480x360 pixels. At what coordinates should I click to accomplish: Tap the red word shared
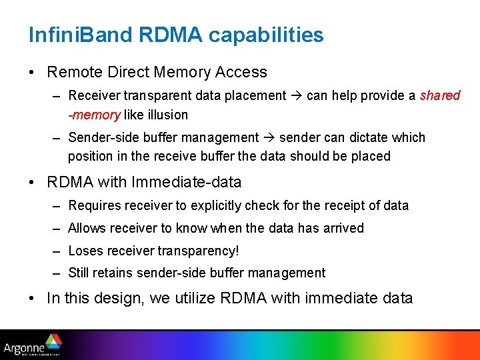click(440, 95)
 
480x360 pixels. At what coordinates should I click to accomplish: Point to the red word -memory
click(94, 115)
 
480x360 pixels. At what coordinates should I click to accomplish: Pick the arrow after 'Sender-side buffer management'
click(269, 138)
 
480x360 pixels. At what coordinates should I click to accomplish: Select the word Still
click(80, 273)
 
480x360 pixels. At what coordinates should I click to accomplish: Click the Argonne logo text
click(24, 347)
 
